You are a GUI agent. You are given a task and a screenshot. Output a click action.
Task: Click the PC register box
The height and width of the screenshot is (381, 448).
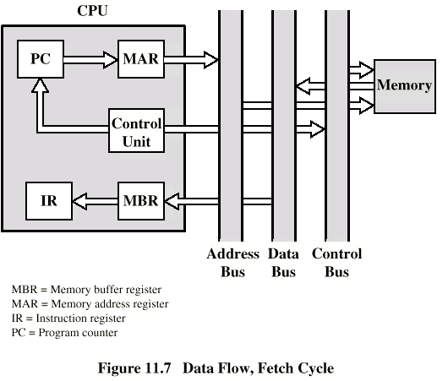point(41,59)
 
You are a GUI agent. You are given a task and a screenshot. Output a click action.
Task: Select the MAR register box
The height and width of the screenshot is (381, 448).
point(141,59)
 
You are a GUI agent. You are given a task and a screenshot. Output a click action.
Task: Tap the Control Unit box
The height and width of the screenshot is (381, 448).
point(137,131)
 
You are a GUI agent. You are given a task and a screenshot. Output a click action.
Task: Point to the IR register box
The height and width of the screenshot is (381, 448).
point(49,201)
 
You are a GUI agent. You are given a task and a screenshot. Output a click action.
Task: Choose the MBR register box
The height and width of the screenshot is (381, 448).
point(141,201)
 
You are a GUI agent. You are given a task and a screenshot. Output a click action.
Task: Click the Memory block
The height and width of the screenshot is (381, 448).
point(405,86)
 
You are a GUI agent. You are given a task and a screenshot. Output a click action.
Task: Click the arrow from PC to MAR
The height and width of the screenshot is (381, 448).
point(90,60)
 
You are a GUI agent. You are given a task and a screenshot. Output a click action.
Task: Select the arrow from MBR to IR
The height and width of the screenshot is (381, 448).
point(96,201)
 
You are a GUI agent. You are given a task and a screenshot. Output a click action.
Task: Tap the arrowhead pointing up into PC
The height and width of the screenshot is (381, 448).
point(40,85)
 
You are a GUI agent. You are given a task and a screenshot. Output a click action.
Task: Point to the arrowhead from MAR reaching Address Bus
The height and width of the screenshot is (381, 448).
point(211,60)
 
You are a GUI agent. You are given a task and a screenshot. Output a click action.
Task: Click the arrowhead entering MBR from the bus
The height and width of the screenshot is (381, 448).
point(172,201)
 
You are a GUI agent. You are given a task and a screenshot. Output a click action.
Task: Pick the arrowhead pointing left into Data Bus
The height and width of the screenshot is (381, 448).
point(303,86)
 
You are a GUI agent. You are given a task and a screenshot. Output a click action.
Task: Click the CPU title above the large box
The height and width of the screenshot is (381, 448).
point(92,11)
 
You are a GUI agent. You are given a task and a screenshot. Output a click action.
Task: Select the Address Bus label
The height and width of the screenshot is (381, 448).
point(232,263)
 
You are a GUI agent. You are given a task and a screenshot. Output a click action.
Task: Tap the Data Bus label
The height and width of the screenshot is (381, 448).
point(283,263)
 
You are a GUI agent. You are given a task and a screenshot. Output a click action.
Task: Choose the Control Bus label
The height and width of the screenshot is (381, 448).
point(337,263)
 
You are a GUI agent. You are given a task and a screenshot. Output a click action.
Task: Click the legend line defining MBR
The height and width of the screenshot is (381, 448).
point(86,290)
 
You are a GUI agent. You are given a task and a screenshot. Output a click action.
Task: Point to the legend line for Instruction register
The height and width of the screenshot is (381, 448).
point(68,318)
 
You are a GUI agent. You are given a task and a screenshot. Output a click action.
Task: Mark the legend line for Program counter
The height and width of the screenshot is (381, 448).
point(64,333)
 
